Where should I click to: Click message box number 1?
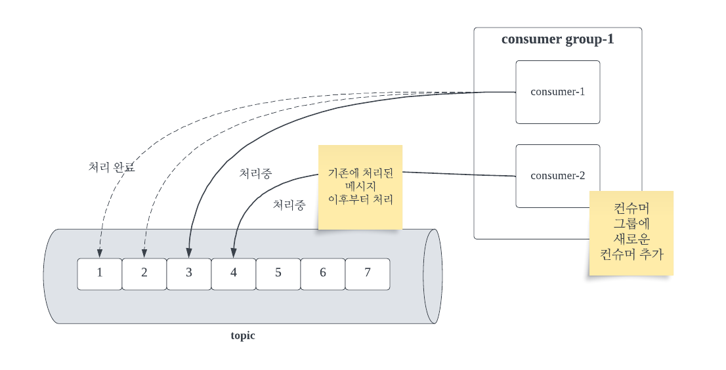tap(100, 274)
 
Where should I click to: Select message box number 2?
tap(144, 274)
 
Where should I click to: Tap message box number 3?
tap(189, 274)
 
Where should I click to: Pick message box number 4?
tap(234, 274)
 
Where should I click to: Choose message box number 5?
tap(278, 274)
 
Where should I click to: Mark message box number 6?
tap(323, 274)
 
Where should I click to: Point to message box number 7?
tap(368, 274)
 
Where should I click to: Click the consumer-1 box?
tap(557, 92)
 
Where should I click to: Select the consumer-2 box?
tap(557, 175)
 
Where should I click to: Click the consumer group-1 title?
tap(557, 39)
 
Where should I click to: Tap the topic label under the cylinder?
tap(243, 336)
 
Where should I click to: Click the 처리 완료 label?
tap(111, 167)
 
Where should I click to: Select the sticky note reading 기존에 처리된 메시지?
tap(360, 187)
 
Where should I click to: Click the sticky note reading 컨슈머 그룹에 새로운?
tap(631, 232)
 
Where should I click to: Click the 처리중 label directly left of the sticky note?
tap(289, 205)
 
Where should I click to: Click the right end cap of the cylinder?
tap(432, 276)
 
